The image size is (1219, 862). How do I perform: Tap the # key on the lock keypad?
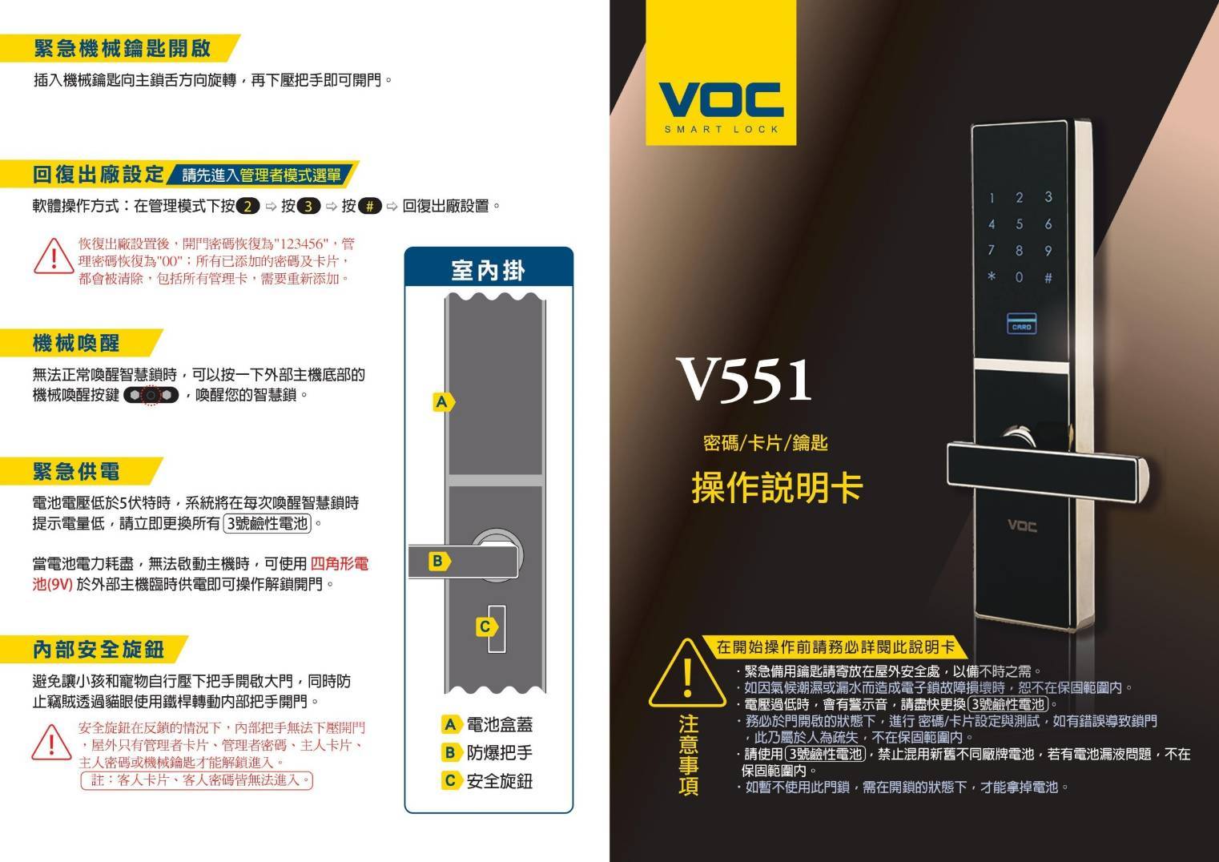click(1048, 278)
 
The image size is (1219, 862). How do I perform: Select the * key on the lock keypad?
click(992, 276)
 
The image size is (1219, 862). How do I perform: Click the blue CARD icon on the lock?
click(1021, 324)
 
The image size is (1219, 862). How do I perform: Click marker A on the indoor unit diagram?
click(443, 402)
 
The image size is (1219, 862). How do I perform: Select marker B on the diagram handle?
click(439, 561)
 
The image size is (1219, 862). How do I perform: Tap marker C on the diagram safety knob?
click(485, 627)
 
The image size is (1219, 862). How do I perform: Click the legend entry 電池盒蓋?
click(488, 724)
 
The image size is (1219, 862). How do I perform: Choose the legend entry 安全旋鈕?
click(488, 781)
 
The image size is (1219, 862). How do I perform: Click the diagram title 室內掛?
click(488, 271)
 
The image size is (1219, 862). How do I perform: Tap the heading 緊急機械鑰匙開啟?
click(123, 48)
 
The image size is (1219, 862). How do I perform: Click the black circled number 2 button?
click(248, 206)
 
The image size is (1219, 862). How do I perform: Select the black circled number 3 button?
click(308, 206)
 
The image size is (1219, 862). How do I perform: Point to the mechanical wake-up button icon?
click(151, 394)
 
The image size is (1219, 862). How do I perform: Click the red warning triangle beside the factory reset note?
click(54, 257)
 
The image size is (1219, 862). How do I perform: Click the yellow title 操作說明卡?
click(777, 487)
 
